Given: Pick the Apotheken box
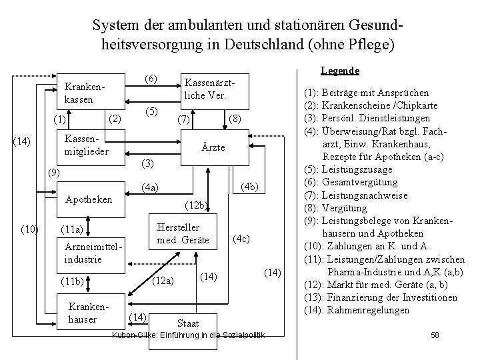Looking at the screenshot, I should (89, 199).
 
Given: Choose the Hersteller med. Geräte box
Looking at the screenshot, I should (183, 233).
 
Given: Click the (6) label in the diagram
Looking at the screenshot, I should (151, 79).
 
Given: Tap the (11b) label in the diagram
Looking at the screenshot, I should (71, 281).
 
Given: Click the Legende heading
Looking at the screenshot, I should (340, 70).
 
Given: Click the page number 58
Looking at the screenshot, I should (435, 333).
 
